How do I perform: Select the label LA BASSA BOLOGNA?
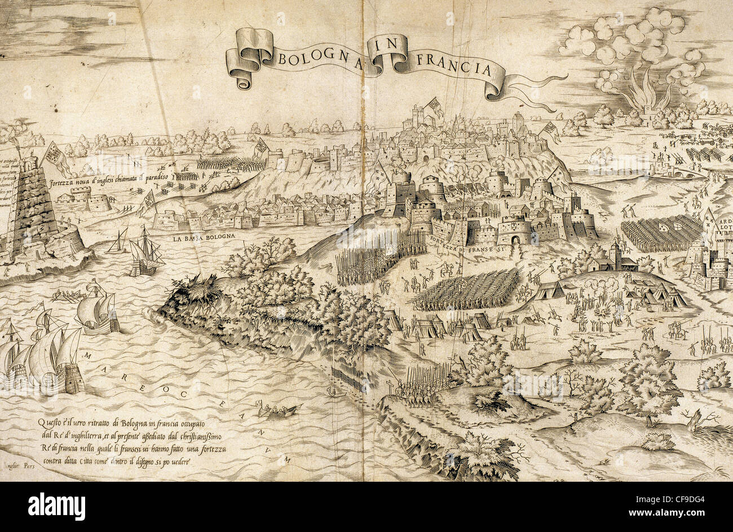[x=203, y=238]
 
